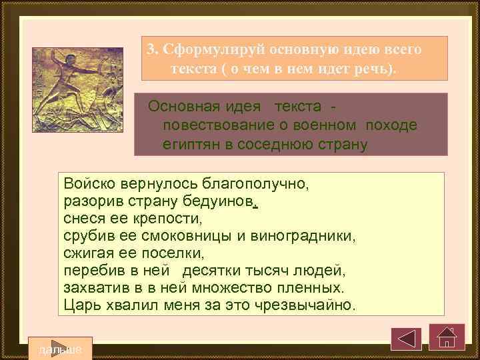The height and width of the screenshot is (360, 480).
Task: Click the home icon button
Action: click(446, 337)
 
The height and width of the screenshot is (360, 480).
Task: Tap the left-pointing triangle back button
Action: click(406, 338)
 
